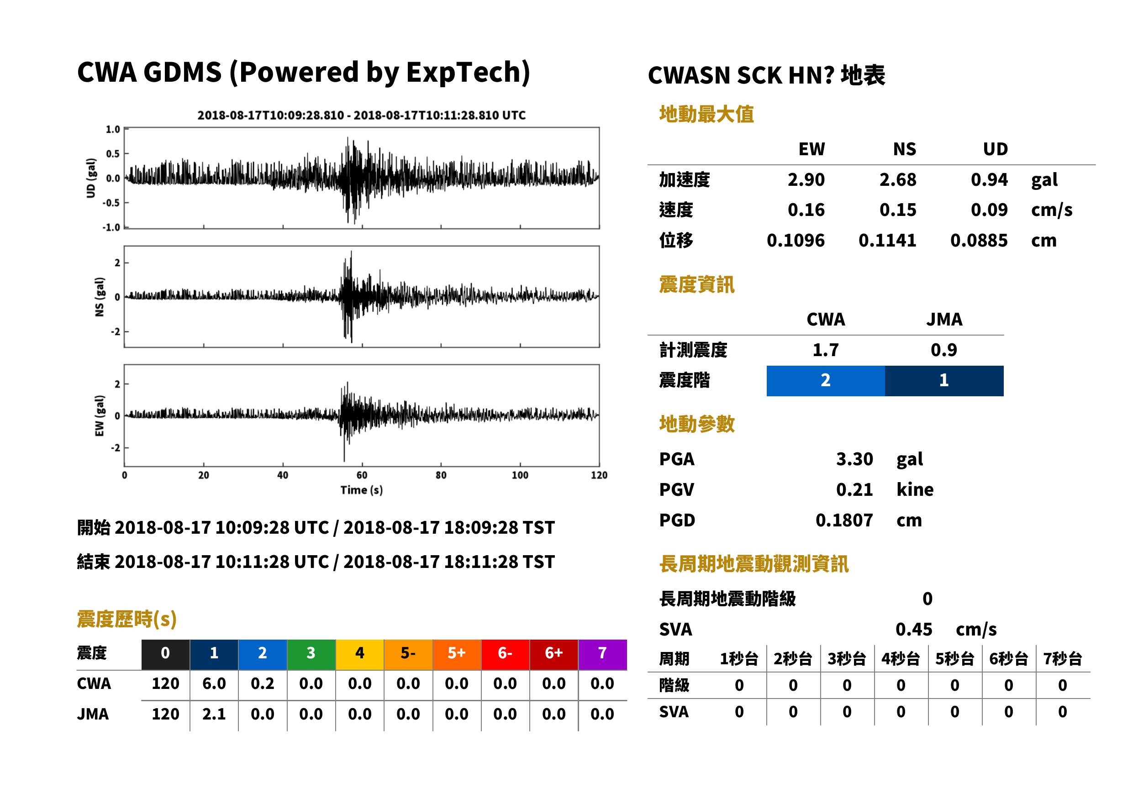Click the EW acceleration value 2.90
point(806,179)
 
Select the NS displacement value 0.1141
point(887,241)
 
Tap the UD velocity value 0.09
point(989,210)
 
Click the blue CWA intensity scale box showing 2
point(826,381)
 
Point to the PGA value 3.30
point(854,459)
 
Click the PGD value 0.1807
point(844,520)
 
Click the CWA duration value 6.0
point(214,683)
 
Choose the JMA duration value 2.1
point(214,714)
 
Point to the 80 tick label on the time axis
point(441,475)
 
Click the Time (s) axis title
point(362,490)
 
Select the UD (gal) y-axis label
point(91,178)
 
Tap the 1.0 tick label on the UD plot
point(113,130)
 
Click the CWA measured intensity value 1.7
point(826,350)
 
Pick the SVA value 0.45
point(914,629)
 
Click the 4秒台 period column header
point(900,659)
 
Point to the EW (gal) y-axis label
point(100,416)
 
